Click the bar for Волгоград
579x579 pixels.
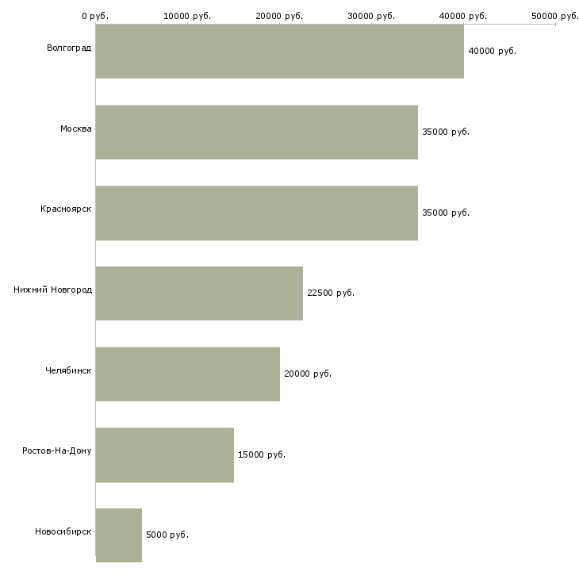coord(279,51)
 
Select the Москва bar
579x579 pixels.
coord(257,132)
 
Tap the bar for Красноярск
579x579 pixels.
coord(257,213)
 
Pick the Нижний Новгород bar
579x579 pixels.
coord(199,293)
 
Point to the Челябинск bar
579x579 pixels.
coord(188,374)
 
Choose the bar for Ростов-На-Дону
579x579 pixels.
coord(165,455)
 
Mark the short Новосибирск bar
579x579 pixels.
coord(119,535)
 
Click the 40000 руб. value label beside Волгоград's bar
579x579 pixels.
coord(493,51)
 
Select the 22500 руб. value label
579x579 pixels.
coord(331,293)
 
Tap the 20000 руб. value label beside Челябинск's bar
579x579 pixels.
coord(308,374)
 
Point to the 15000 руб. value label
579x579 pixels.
coord(262,454)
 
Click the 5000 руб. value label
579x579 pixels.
coord(167,535)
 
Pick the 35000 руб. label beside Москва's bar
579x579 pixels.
coord(446,132)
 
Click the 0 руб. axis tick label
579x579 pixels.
coord(95,16)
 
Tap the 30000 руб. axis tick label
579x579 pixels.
coord(371,16)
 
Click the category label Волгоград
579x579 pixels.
coord(69,48)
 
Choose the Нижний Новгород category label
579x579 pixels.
coord(53,289)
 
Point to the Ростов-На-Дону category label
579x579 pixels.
coord(57,451)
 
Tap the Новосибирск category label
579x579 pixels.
coord(63,531)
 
